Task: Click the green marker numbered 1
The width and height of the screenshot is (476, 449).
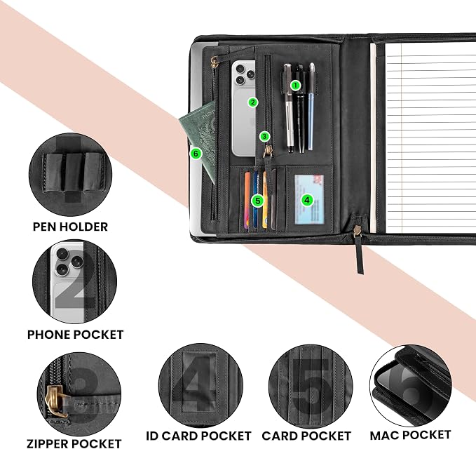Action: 295,86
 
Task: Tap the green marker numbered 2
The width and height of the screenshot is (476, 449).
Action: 253,102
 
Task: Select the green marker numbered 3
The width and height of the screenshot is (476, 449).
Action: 264,137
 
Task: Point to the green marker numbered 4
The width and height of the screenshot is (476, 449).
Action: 307,200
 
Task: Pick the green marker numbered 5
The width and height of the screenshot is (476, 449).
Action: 258,201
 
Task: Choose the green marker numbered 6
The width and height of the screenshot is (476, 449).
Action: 196,154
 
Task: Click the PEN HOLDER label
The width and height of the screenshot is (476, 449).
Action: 70,227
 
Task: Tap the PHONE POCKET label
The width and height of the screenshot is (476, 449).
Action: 75,335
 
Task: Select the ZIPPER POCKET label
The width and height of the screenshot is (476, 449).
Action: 74,443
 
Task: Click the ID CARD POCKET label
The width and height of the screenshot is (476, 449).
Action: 198,436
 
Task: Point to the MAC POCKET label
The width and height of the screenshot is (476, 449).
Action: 410,435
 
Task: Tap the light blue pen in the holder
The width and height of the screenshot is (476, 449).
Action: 311,107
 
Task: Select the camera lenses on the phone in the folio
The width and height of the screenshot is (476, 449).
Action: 245,74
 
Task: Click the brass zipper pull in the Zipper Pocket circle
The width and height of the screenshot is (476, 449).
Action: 55,401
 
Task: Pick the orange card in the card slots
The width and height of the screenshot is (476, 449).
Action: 247,201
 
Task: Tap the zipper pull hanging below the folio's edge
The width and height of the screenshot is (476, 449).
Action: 358,247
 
